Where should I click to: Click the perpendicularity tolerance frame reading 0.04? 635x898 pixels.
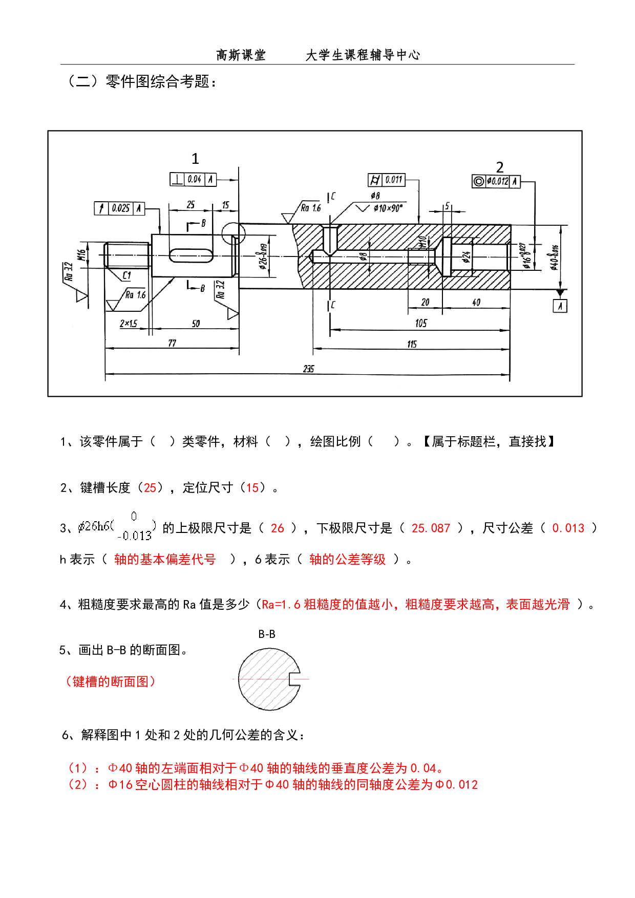pos(193,180)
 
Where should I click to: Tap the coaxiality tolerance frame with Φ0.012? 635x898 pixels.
pos(496,181)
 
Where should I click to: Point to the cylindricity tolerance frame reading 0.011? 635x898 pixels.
pos(387,180)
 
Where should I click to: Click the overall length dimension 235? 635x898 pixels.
pos(308,369)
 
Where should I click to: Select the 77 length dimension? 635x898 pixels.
pos(172,344)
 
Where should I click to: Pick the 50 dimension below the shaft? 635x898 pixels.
pos(196,324)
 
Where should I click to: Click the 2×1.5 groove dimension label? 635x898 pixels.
pos(128,324)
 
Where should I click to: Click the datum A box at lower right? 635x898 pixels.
pos(562,306)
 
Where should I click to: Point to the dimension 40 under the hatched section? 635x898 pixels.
pos(476,303)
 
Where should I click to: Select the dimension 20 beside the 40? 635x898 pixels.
pos(425,303)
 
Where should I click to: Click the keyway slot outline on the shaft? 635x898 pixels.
pos(191,255)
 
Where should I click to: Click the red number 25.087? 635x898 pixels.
pos(431,528)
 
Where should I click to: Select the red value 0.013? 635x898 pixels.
pos(568,528)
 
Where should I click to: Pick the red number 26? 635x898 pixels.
pos(277,528)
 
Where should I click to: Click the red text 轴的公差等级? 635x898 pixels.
pos(347,560)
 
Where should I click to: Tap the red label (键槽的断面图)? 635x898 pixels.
pos(110,681)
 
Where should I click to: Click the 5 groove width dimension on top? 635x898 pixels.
pos(448,206)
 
